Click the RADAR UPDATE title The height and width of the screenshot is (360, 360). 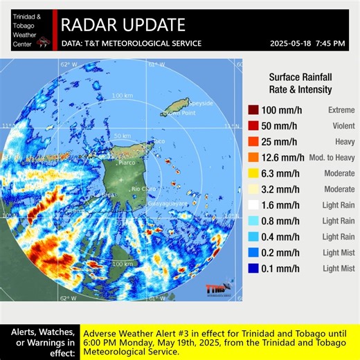coord(123,26)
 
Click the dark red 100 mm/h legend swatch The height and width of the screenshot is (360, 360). coord(254,110)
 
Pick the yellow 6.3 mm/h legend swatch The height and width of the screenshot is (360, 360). coord(254,173)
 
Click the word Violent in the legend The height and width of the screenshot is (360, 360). coord(341,126)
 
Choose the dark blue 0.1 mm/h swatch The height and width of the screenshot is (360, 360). coord(254,268)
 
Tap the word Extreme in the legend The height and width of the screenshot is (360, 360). coord(341,110)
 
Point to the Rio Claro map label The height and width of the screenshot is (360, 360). coord(143,188)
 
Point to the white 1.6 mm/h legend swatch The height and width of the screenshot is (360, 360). coord(254,205)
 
